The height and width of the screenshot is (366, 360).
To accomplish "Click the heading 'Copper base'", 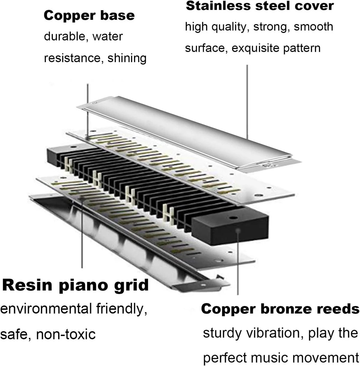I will pos(89,16).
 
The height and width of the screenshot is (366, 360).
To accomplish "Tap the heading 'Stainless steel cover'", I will pos(260,6).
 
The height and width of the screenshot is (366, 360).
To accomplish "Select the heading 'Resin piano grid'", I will pos(75,285).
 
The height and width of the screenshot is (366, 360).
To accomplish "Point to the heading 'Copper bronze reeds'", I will pos(280,309).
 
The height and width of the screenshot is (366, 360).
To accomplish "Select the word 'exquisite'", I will pos(254,48).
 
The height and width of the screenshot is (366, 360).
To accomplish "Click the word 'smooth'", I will pos(313,27).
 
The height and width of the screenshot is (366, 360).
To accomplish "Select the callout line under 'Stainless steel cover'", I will pos(247,102).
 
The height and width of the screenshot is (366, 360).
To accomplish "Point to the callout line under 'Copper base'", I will pos(87,108).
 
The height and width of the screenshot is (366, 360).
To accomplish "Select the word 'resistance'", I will pos(71,58).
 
